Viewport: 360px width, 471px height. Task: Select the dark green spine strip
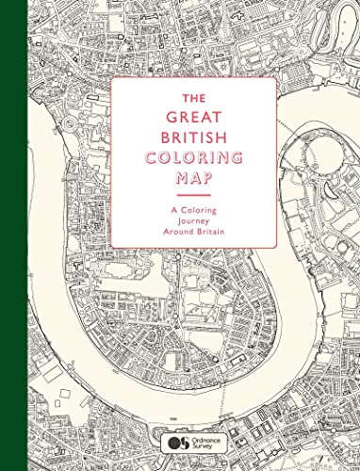point(8,235)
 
